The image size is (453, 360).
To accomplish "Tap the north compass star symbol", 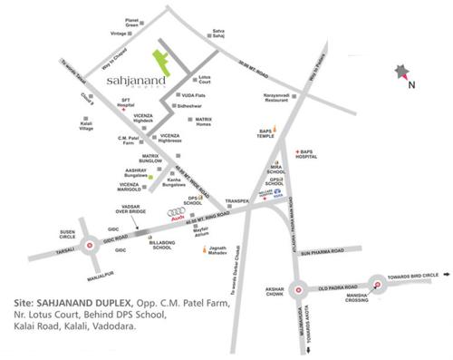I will click(x=400, y=72).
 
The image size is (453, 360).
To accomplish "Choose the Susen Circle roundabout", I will click(x=90, y=244).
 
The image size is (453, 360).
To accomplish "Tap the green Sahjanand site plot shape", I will click(x=165, y=58).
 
